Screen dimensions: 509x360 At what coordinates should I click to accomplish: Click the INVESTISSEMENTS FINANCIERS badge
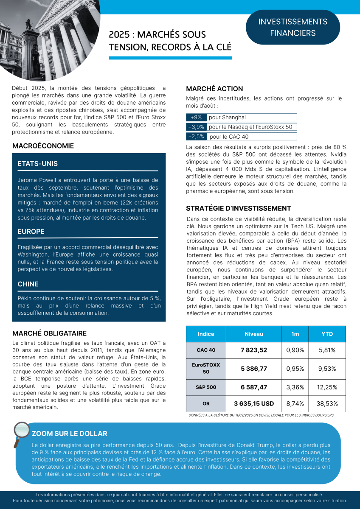click(292, 27)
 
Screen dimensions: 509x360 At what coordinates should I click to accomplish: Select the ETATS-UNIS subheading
click(38, 164)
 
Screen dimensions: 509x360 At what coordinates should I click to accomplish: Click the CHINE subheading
click(28, 284)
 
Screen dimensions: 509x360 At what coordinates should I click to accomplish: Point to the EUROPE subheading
click(31, 232)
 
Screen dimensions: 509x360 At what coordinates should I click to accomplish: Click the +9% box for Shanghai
click(196, 117)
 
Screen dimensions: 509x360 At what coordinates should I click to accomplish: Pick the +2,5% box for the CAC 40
click(196, 137)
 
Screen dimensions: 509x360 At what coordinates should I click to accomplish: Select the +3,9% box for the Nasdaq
click(196, 127)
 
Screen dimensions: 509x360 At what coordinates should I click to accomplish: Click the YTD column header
click(327, 334)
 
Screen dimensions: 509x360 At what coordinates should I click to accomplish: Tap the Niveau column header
click(254, 334)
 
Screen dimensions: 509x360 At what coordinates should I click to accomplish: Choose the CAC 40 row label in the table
click(206, 350)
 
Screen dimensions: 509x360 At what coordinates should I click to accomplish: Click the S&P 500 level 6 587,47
click(254, 387)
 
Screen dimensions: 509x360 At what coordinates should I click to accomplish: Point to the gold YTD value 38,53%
click(327, 404)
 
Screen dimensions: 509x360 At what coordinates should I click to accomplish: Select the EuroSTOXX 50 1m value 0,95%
click(295, 369)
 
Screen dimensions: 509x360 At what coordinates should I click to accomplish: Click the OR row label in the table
click(206, 404)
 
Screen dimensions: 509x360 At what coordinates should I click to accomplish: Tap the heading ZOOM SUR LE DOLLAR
click(70, 433)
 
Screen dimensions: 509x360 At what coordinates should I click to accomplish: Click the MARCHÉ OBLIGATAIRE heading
click(49, 333)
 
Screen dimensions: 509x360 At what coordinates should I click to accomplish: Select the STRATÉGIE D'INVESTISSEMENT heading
click(239, 208)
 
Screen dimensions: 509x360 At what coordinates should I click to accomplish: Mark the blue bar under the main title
click(170, 58)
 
